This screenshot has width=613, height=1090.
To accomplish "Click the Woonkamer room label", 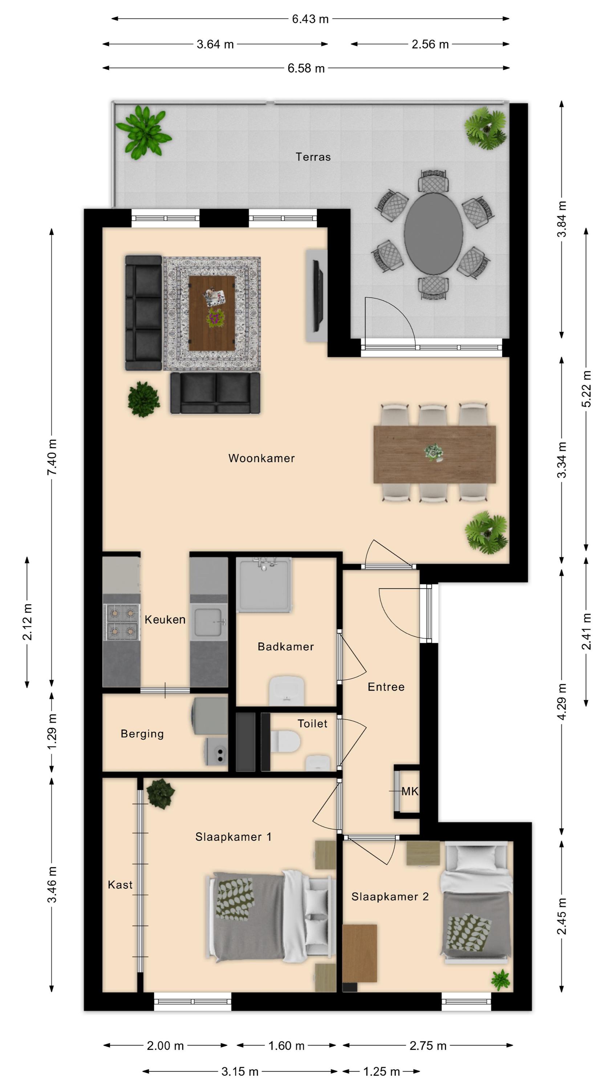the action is tap(261, 458).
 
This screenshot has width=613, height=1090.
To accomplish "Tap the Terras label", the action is tap(313, 157).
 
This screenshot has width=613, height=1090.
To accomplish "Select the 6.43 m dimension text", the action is tap(310, 19).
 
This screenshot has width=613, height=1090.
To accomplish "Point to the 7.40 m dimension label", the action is tap(52, 457).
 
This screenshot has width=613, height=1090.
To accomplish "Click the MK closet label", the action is tap(410, 791).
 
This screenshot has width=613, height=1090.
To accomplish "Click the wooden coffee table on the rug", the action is tap(212, 313).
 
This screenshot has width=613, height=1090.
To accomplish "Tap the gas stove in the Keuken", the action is tap(121, 622).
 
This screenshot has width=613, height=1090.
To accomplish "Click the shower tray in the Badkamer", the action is tap(264, 585).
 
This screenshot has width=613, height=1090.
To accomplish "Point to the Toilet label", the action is tap(312, 723).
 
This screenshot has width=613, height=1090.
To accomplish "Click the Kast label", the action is tap(120, 885).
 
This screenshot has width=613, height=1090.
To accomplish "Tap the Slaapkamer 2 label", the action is tap(390, 897).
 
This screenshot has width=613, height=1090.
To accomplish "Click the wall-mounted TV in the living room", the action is tap(318, 295).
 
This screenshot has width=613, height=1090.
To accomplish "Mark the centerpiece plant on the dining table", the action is tap(434, 453).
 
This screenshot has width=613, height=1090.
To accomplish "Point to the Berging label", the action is tap(142, 734).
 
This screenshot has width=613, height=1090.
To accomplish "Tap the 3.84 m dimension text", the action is tap(562, 219).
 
